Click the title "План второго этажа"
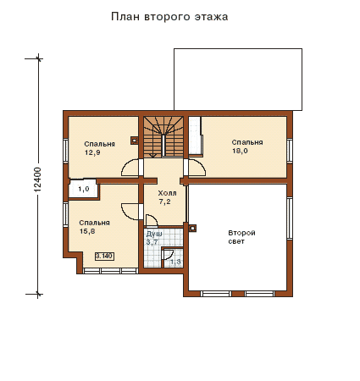pos(169,17)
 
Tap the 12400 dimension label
pos(37,179)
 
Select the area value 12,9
pos(92,152)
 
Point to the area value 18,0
pos(240,151)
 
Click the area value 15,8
pos(87,231)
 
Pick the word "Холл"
pos(167,193)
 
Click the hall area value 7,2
pos(164,202)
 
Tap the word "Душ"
pos(154,234)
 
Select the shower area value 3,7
pos(152,242)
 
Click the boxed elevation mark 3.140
pos(105,257)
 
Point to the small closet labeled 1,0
pos(84,189)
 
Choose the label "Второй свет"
pos(241,237)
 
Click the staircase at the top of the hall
pos(163,137)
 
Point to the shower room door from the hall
pos(152,219)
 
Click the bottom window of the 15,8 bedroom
pos(110,271)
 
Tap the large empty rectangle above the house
pos(238,80)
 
